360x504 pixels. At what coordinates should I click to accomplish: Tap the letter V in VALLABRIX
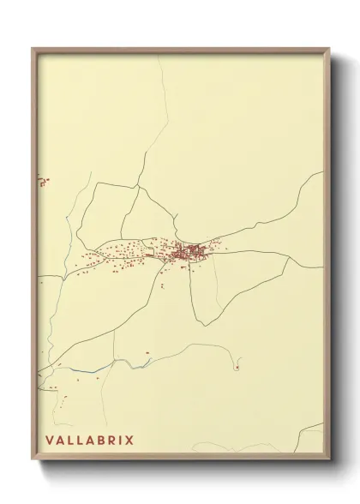click(x=48, y=441)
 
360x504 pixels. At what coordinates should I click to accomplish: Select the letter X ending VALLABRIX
click(x=129, y=441)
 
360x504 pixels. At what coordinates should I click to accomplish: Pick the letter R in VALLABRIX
click(x=111, y=441)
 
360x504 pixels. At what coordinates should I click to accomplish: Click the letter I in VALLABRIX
click(x=120, y=441)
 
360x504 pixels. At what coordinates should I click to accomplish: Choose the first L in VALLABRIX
click(x=69, y=441)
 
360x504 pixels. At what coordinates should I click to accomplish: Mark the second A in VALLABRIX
click(x=89, y=441)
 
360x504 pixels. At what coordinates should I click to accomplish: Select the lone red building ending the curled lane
click(x=237, y=368)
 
